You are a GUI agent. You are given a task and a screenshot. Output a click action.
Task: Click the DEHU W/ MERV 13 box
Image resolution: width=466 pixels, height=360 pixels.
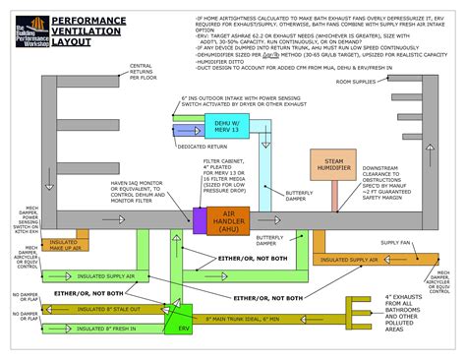click(228, 126)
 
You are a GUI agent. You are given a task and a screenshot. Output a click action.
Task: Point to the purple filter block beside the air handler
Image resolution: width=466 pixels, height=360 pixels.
click(198, 220)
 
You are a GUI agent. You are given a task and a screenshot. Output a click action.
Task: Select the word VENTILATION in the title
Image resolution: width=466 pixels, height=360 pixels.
click(82, 30)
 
